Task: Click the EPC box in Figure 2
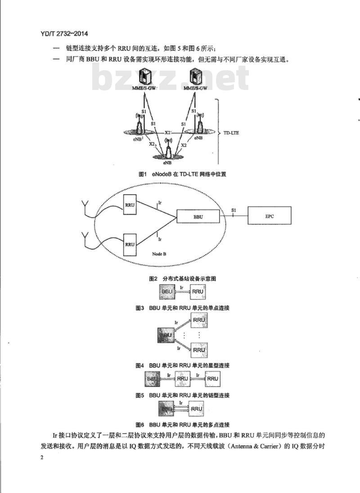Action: click(x=269, y=217)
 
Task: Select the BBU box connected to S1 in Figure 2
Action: click(x=198, y=217)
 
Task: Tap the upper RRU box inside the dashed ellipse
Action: click(x=130, y=205)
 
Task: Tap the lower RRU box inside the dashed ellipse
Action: click(x=130, y=244)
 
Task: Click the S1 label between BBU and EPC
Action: click(x=233, y=210)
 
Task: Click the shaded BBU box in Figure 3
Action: click(x=167, y=291)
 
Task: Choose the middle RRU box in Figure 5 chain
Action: click(x=182, y=378)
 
